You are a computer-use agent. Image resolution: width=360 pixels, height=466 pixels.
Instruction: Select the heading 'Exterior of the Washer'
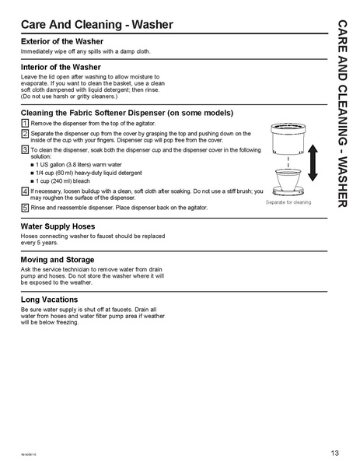(x=62, y=40)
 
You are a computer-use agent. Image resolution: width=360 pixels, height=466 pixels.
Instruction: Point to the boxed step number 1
(x=25, y=124)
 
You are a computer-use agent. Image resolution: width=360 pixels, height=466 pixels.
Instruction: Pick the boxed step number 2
(x=25, y=133)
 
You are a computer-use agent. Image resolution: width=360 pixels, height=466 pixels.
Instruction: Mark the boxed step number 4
(x=25, y=191)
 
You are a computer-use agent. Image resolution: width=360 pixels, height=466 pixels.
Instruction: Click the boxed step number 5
(x=25, y=208)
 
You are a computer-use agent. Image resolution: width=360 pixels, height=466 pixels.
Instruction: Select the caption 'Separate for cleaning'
(x=288, y=202)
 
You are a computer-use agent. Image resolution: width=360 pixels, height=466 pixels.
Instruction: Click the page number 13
(x=334, y=453)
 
